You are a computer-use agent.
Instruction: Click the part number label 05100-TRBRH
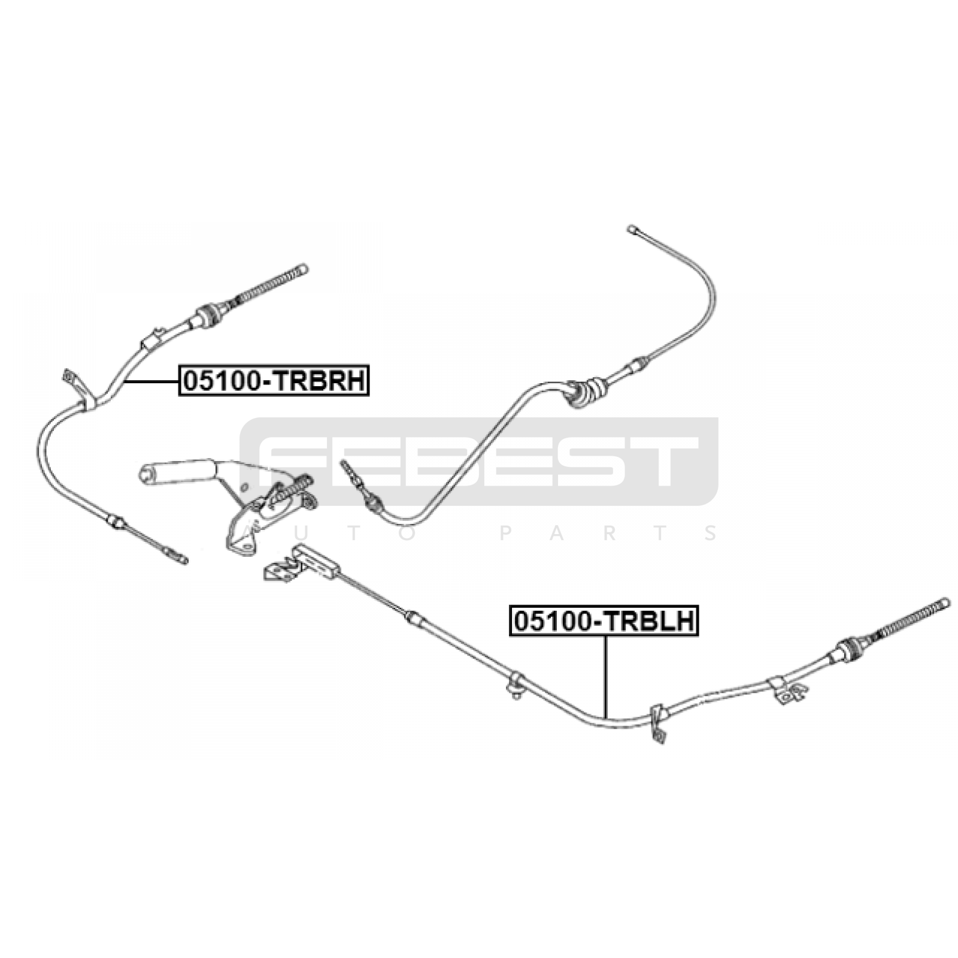tap(274, 380)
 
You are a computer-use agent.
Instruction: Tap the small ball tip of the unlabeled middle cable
tap(632, 229)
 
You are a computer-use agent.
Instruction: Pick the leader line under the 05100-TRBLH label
tap(606, 677)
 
